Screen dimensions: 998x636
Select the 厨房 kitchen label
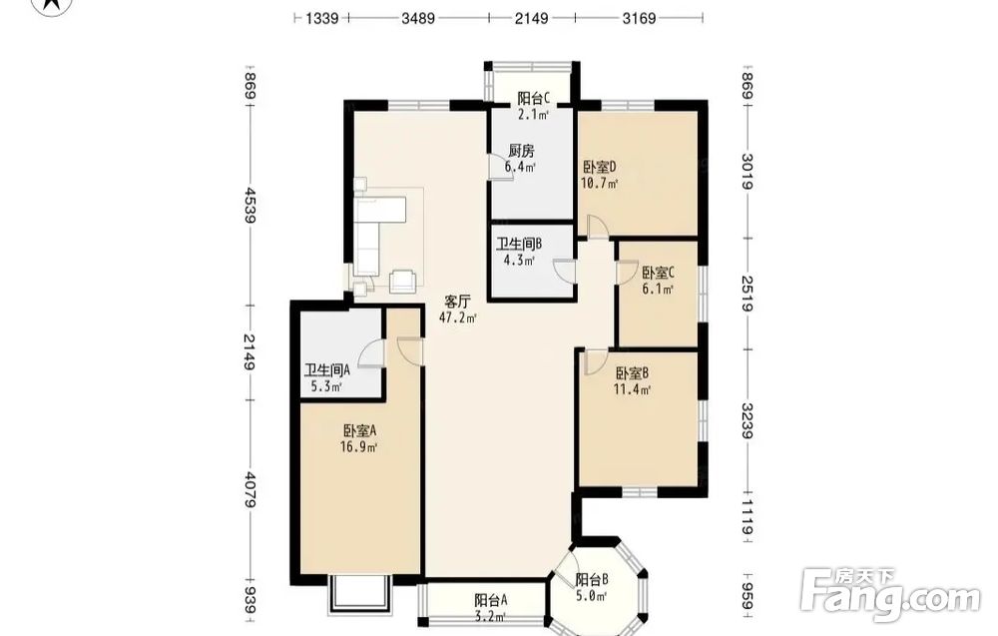(x=521, y=151)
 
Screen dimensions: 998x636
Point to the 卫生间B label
(x=519, y=245)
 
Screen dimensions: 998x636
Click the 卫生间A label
(x=327, y=370)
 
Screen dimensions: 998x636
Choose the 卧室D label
(x=600, y=168)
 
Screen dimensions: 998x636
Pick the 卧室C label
(x=658, y=274)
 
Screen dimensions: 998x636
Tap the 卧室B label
(x=632, y=373)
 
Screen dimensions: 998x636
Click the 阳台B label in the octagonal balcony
(x=591, y=580)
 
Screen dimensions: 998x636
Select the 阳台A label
(x=491, y=600)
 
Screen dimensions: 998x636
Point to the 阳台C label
(x=533, y=99)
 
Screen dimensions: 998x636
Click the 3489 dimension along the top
(x=418, y=18)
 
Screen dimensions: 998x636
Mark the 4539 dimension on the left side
(x=249, y=205)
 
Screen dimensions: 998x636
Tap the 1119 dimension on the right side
(x=748, y=518)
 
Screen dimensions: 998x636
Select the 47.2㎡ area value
(x=457, y=318)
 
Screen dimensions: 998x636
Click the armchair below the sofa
(x=403, y=281)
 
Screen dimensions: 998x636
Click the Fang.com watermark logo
(x=890, y=595)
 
